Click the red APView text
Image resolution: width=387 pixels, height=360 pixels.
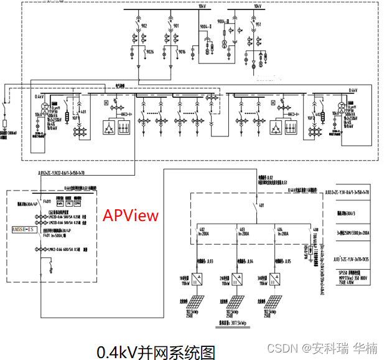click(x=131, y=216)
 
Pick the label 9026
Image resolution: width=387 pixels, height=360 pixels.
click(x=150, y=52)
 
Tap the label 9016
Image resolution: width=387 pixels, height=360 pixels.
click(x=182, y=52)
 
